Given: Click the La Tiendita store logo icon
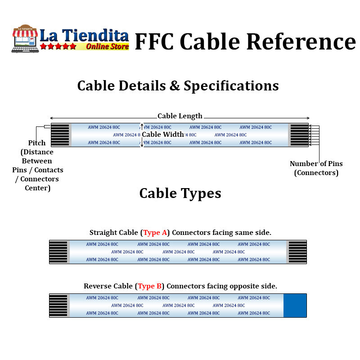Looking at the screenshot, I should coord(25,38).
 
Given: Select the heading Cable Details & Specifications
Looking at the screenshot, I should coord(178,85).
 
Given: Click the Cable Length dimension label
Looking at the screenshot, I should coord(180,116).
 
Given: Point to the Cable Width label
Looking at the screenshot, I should coord(163,135).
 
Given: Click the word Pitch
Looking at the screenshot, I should coord(37,143).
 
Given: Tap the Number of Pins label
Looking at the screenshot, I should coord(316,164).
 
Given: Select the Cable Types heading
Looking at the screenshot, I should coord(180,193).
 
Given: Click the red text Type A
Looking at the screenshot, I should coord(155,233).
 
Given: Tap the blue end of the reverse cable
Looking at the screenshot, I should coord(295,306).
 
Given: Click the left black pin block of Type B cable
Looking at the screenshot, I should coord(58,306).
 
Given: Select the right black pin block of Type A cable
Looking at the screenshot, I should coord(297,252).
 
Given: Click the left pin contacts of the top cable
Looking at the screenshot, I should coord(60,135).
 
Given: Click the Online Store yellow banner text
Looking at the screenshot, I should coord(107,46).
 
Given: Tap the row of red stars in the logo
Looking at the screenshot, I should coord(58,46).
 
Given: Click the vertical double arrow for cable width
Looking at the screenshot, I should coord(142,135).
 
